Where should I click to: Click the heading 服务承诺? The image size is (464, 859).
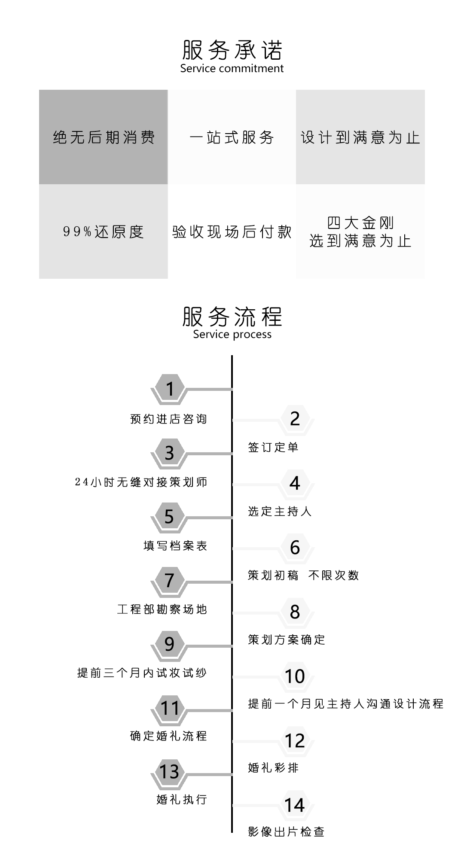(232, 50)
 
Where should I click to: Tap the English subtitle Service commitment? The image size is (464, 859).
(232, 69)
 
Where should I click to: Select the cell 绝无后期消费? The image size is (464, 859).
(103, 137)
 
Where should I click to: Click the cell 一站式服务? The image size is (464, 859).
(232, 137)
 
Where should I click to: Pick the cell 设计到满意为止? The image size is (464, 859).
(360, 137)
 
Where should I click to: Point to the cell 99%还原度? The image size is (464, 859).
(103, 232)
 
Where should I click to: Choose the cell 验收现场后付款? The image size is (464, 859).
(232, 232)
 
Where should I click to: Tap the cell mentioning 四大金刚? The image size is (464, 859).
(360, 232)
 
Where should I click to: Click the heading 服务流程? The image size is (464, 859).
(232, 317)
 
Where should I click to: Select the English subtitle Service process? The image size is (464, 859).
(232, 335)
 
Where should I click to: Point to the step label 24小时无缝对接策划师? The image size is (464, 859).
(141, 482)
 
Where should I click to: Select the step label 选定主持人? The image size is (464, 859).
(280, 511)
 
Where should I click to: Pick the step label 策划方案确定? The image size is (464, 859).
(287, 640)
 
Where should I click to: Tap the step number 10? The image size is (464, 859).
(295, 676)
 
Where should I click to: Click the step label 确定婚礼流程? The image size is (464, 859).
(168, 736)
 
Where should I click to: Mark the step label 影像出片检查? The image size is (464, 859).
(286, 832)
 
